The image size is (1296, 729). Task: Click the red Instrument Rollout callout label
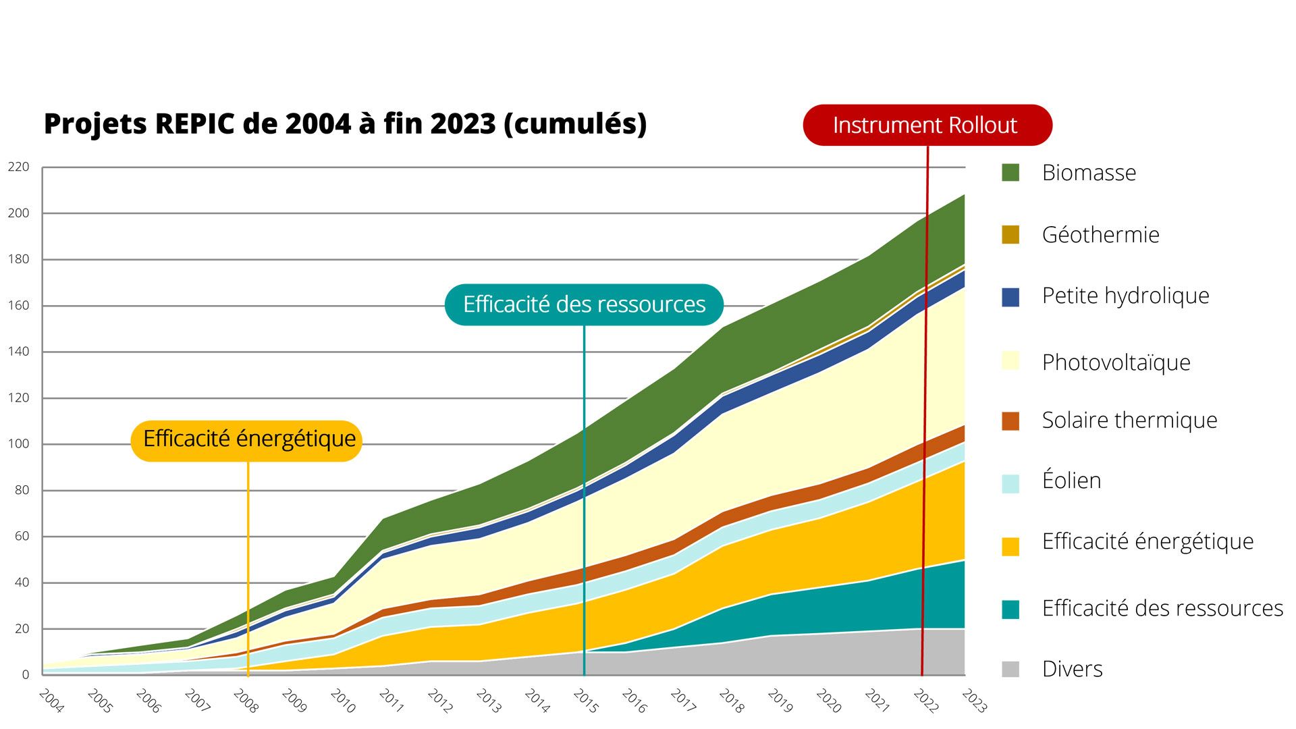(926, 126)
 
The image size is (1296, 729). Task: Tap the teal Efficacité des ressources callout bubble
(584, 304)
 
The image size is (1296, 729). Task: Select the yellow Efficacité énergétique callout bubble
(247, 439)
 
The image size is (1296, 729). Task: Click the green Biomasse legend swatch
(1010, 172)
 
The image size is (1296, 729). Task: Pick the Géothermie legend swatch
(1010, 234)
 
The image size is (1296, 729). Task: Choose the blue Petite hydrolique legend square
(1010, 296)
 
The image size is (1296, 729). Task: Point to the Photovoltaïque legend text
(1116, 362)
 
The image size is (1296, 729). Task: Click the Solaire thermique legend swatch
(1010, 421)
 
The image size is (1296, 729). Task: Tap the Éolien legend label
(1071, 481)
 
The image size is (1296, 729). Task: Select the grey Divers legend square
(1010, 669)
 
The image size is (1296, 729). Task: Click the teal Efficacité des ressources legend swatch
(1010, 609)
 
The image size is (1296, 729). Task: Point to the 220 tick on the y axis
(19, 167)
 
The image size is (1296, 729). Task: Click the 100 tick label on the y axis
(19, 444)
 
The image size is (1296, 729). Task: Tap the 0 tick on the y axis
(26, 674)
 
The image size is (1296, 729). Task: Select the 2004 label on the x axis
(51, 701)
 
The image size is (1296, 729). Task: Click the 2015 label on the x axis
(585, 701)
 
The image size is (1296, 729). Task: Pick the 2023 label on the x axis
(974, 701)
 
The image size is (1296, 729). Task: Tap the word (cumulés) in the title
(575, 124)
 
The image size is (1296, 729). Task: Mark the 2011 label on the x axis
(391, 701)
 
